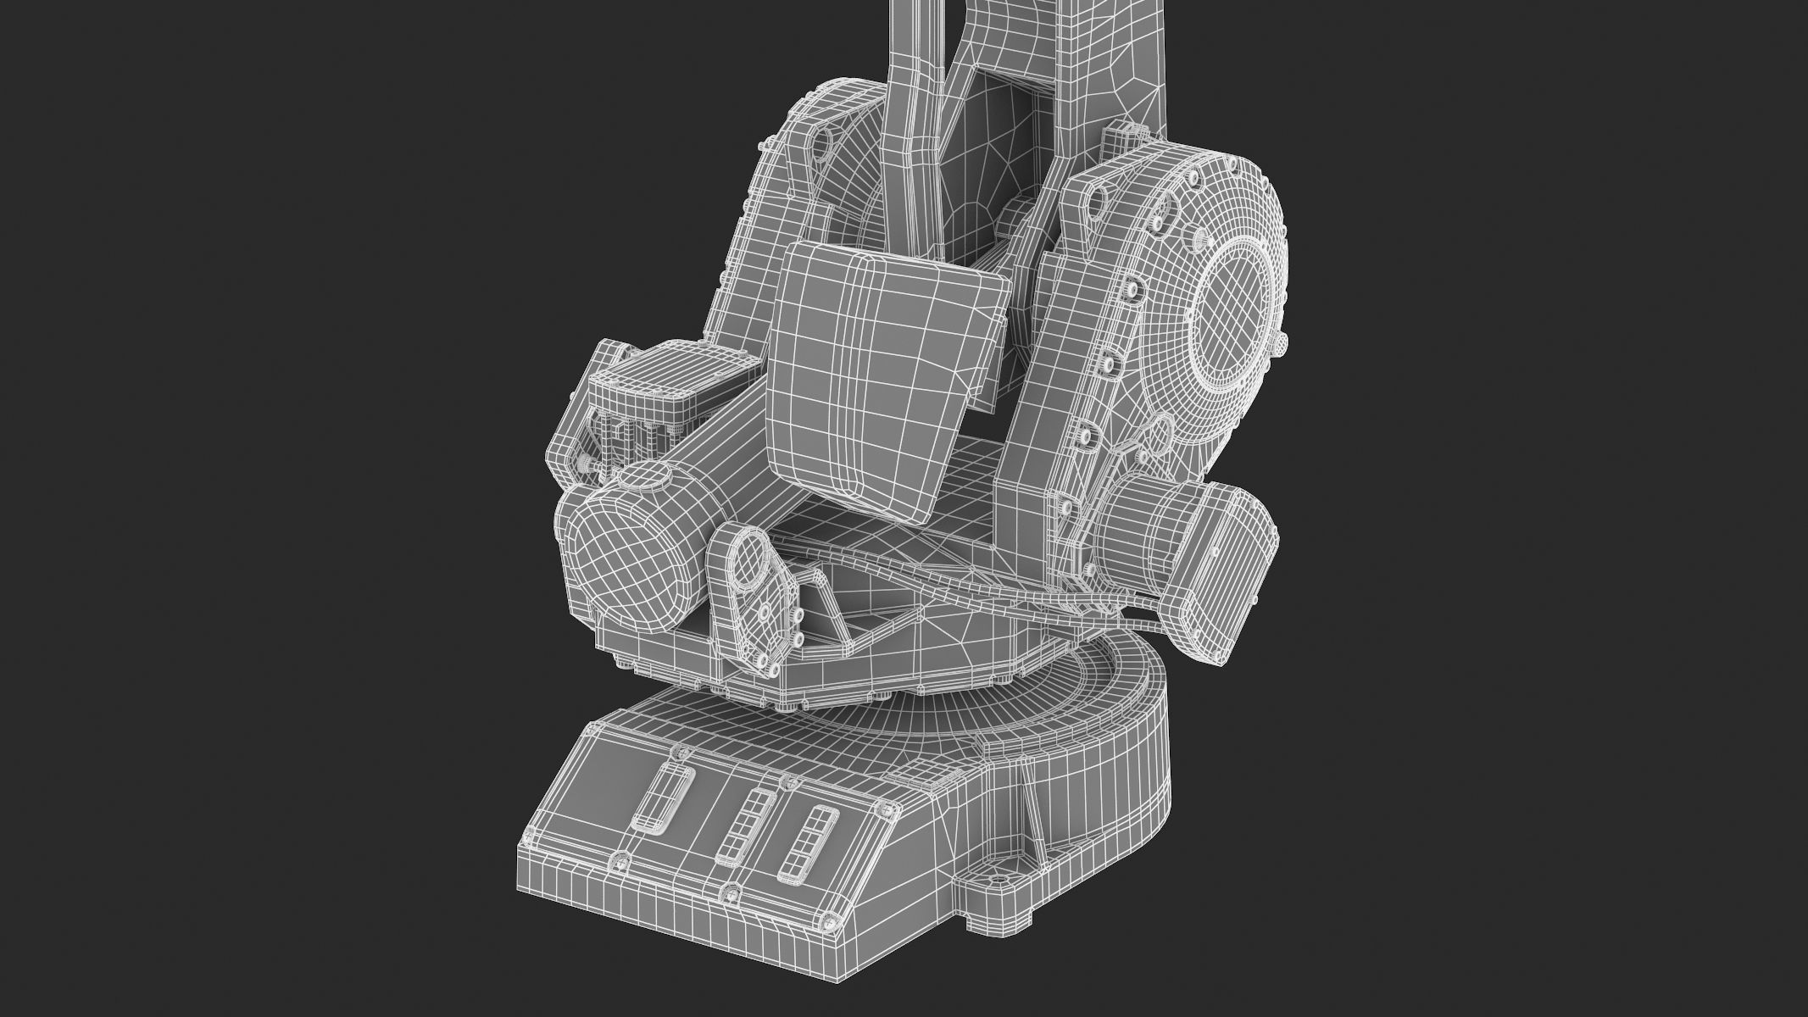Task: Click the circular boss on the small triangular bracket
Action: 748,559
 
